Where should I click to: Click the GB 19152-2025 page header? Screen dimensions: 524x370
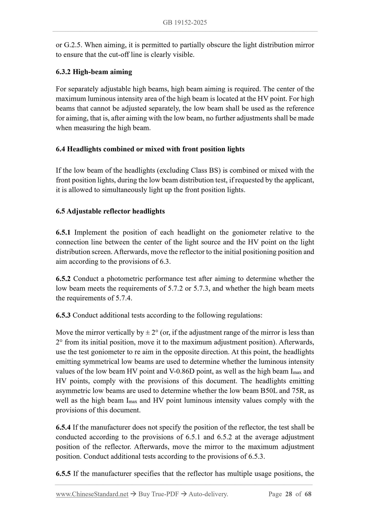(185, 23)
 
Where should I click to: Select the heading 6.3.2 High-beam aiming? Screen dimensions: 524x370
(94, 72)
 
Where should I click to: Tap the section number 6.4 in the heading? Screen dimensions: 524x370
(60, 149)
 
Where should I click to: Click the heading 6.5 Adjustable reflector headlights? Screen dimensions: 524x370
(110, 211)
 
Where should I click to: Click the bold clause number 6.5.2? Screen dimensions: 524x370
(63, 279)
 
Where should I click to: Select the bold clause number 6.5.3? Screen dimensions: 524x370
(63, 315)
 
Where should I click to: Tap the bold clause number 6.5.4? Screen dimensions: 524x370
(63, 427)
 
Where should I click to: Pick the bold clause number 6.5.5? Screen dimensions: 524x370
(63, 473)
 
